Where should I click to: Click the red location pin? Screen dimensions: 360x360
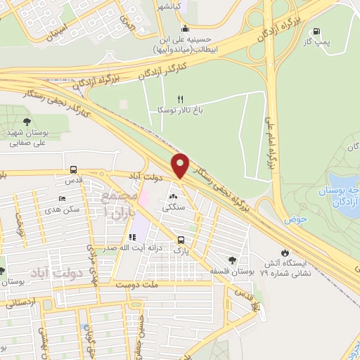pos(181,165)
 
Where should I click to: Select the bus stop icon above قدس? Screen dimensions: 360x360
pos(73,169)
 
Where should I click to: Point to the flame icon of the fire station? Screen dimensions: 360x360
pos(284,252)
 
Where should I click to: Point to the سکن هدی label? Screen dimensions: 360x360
pos(61,210)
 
